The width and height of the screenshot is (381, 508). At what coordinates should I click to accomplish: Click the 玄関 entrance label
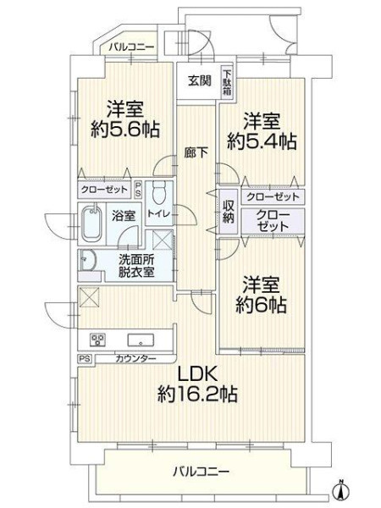pyautogui.click(x=200, y=80)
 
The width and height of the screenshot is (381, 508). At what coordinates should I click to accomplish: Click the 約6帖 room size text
pyautogui.click(x=261, y=305)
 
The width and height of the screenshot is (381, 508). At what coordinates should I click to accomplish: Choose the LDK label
pyautogui.click(x=197, y=375)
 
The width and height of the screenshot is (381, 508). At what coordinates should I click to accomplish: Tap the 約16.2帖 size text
pyautogui.click(x=197, y=394)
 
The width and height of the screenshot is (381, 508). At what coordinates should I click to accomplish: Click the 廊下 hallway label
pyautogui.click(x=196, y=152)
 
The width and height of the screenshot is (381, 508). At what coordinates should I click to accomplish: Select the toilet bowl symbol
pyautogui.click(x=159, y=191)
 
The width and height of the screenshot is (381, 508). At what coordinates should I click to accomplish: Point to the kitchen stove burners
pyautogui.click(x=97, y=340)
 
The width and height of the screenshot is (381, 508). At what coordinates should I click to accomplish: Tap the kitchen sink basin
pyautogui.click(x=141, y=340)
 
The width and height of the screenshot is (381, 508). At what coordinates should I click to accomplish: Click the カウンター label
pyautogui.click(x=135, y=359)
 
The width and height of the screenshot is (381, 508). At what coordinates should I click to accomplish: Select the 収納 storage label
pyautogui.click(x=228, y=212)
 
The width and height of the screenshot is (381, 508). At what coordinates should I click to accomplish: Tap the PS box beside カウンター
pyautogui.click(x=85, y=359)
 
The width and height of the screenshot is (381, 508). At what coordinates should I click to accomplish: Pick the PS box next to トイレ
pyautogui.click(x=138, y=189)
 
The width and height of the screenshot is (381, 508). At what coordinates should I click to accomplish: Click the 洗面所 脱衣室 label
pyautogui.click(x=136, y=266)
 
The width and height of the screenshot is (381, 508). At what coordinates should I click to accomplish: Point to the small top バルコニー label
pyautogui.click(x=131, y=47)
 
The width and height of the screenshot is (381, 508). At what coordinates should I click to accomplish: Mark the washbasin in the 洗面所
pyautogui.click(x=87, y=260)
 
